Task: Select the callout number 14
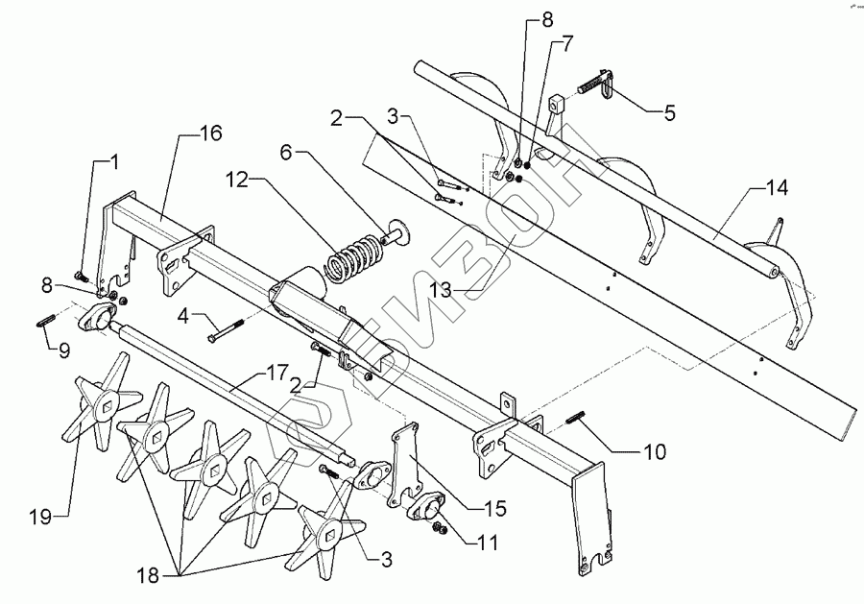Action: point(777,188)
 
